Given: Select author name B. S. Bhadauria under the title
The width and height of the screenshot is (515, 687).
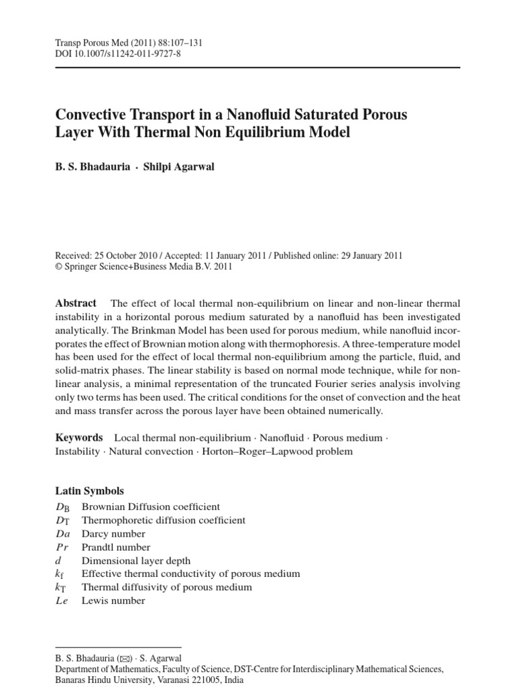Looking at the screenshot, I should (x=92, y=167).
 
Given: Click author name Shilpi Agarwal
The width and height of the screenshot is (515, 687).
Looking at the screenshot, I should (x=179, y=167).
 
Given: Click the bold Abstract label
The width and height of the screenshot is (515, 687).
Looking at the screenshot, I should (x=75, y=303).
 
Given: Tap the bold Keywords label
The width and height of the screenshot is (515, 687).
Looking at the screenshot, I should (x=78, y=437).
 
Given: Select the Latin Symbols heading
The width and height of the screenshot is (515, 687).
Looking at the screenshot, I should (x=89, y=491).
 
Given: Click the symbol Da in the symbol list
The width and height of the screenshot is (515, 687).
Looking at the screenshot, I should (x=64, y=534).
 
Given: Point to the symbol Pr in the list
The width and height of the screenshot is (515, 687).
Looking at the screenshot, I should (x=62, y=547).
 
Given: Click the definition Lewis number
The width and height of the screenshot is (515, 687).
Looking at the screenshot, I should (x=113, y=600).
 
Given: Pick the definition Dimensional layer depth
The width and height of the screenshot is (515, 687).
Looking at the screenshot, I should (x=135, y=560).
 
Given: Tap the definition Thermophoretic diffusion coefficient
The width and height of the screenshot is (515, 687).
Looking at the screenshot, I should (x=163, y=520).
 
